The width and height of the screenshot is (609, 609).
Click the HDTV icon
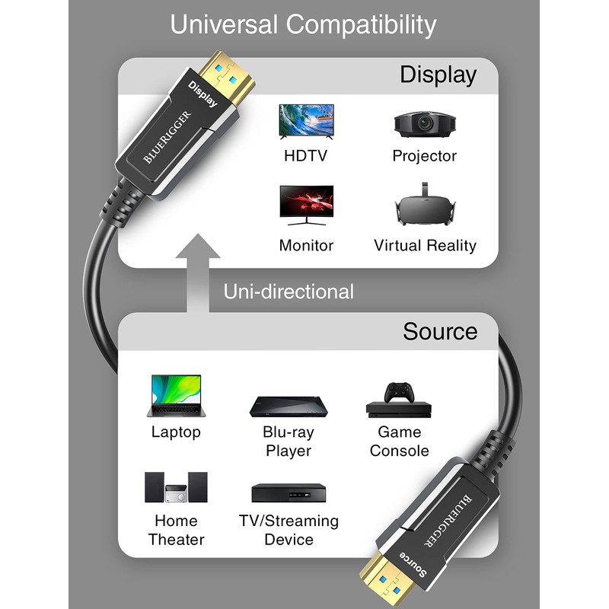point(306,121)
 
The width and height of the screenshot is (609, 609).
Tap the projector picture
point(424,124)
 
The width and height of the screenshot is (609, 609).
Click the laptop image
point(175,395)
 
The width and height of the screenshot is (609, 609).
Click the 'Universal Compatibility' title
point(303,24)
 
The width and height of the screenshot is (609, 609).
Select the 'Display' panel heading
point(438,75)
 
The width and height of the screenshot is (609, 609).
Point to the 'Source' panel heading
point(440,332)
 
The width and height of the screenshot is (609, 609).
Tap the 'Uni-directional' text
point(289,292)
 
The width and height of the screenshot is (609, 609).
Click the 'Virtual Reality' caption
point(425,245)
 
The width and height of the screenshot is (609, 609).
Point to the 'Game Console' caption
point(399,442)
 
